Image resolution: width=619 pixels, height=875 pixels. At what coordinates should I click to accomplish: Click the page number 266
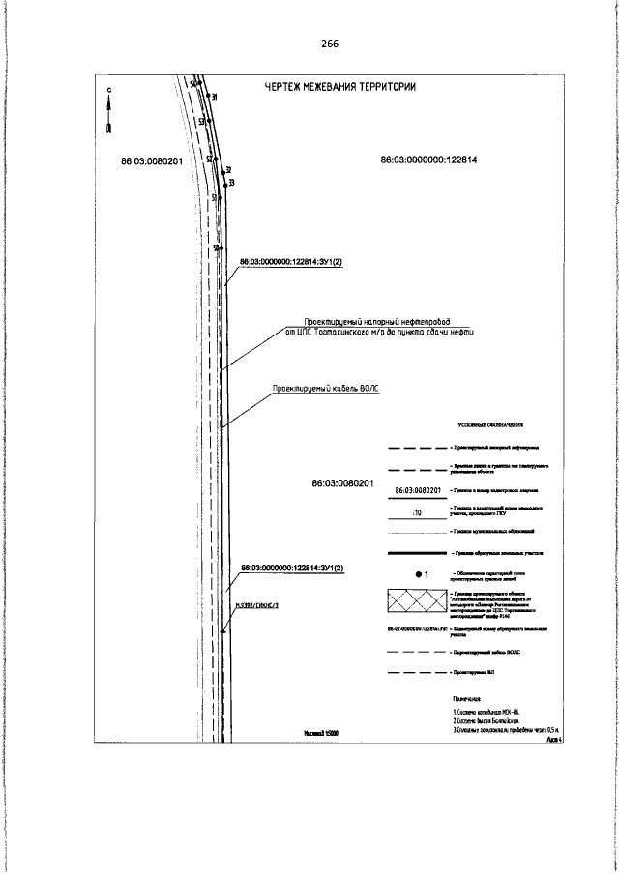click(329, 44)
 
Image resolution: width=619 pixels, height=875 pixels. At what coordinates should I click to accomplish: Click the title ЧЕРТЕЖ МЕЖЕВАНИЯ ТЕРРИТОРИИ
click(340, 87)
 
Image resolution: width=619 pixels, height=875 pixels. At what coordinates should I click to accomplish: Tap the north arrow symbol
click(110, 116)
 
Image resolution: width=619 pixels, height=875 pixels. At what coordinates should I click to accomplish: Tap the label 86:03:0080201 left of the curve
click(152, 160)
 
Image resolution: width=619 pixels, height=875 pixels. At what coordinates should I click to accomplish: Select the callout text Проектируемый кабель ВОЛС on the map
click(326, 387)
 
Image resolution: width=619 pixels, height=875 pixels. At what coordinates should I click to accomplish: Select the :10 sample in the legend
click(418, 511)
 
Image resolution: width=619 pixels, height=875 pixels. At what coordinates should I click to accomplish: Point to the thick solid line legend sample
click(417, 552)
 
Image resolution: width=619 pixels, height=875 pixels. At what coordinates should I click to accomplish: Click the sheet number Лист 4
click(554, 738)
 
